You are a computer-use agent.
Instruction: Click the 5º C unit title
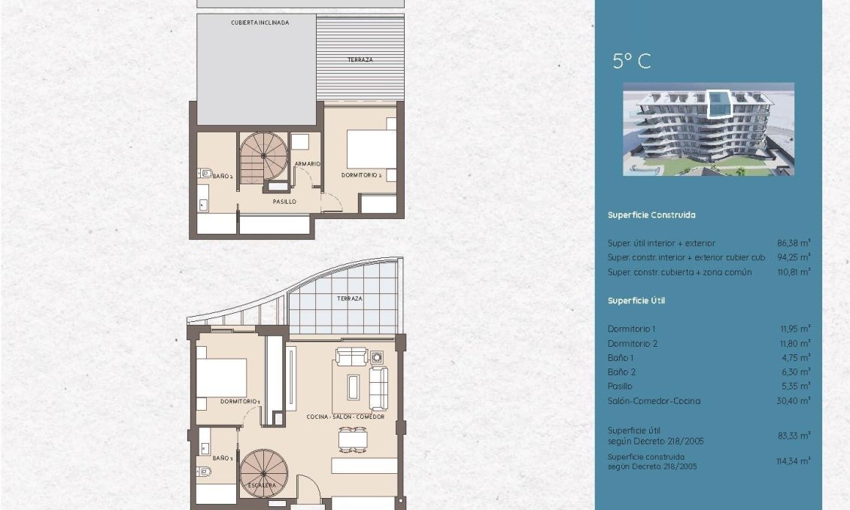tap(632, 61)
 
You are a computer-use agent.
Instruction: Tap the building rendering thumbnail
tap(708, 129)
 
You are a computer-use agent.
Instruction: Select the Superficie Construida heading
tap(651, 215)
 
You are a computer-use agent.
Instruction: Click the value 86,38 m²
tap(794, 244)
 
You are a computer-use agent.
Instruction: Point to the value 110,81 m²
tap(794, 272)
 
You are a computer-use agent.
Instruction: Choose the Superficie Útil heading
tap(636, 301)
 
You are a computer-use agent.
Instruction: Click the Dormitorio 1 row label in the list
tap(632, 329)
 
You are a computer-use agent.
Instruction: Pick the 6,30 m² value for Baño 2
tap(794, 372)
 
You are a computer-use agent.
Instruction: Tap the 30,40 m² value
tap(794, 401)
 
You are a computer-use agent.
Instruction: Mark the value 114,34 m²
tap(794, 460)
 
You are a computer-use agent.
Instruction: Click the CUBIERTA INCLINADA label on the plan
tap(260, 23)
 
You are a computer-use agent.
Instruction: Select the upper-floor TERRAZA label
tap(360, 59)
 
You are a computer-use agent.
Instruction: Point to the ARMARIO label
tap(308, 163)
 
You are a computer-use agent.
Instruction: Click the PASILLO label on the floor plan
tap(284, 202)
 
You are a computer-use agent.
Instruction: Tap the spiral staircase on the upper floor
tap(263, 156)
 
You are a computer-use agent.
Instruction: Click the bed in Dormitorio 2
tap(371, 149)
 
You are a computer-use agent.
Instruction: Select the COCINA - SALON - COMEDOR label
tap(345, 417)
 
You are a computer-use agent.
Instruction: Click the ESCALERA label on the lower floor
tap(261, 485)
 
